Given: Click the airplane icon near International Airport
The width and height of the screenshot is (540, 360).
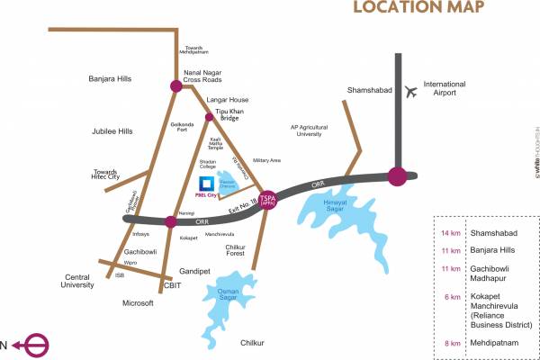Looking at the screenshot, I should (x=412, y=91).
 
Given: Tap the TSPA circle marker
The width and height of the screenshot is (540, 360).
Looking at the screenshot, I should (x=268, y=201).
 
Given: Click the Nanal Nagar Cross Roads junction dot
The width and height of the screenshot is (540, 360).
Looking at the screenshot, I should (x=177, y=86).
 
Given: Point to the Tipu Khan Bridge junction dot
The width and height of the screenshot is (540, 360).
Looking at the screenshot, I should (x=209, y=117).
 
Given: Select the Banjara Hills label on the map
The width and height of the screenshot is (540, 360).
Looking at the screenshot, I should (x=111, y=79).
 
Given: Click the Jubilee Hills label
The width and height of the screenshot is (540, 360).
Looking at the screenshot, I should (x=112, y=131).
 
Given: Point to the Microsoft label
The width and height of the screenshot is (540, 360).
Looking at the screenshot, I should (x=138, y=303).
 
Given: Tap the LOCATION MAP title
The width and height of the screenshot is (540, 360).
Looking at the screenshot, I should (x=418, y=8).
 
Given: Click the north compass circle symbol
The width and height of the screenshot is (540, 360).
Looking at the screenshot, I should (x=37, y=345).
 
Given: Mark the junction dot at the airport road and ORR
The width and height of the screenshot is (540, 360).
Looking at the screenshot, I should (x=397, y=176).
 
